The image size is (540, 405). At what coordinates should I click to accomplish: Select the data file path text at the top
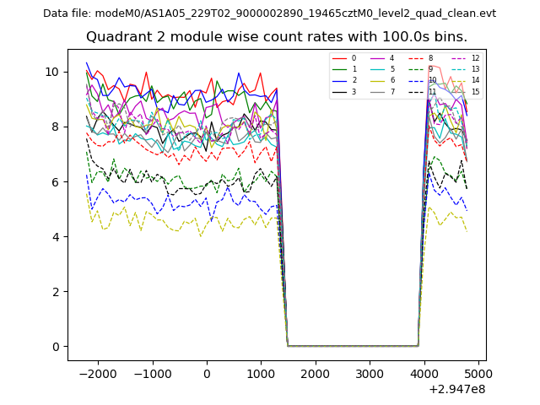(x=269, y=13)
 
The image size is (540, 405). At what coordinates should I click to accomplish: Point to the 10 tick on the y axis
(x=52, y=72)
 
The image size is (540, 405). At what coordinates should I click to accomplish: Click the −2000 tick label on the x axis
(x=97, y=373)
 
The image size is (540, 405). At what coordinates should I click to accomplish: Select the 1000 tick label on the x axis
(x=261, y=373)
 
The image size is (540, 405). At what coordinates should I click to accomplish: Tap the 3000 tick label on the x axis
(x=370, y=373)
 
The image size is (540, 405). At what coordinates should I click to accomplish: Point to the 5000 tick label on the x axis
(x=478, y=373)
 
